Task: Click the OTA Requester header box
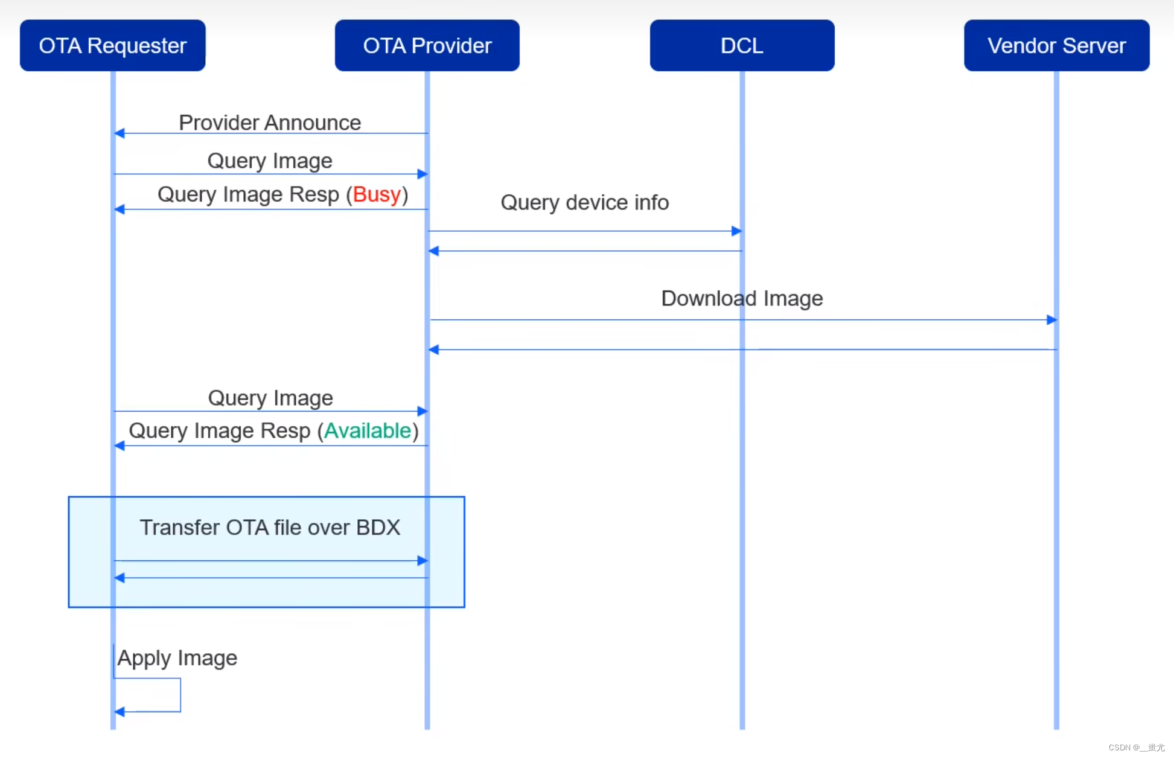(112, 45)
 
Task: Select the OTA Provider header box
(427, 45)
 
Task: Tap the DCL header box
(742, 45)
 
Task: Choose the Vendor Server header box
(1056, 45)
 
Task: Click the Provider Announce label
(270, 123)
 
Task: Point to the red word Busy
(377, 194)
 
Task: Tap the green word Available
(368, 430)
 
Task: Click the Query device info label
(584, 202)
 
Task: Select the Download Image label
(742, 298)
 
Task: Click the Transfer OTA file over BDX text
(270, 527)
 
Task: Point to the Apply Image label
(177, 657)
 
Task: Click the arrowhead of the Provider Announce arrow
(120, 133)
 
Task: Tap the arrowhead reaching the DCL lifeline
(736, 231)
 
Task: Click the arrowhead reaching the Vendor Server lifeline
(1051, 319)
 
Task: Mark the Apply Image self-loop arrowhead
(120, 712)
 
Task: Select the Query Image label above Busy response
(270, 161)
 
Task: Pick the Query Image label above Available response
(270, 398)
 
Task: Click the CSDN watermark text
(1136, 747)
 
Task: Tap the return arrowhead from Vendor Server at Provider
(433, 350)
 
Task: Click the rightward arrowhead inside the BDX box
(423, 560)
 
